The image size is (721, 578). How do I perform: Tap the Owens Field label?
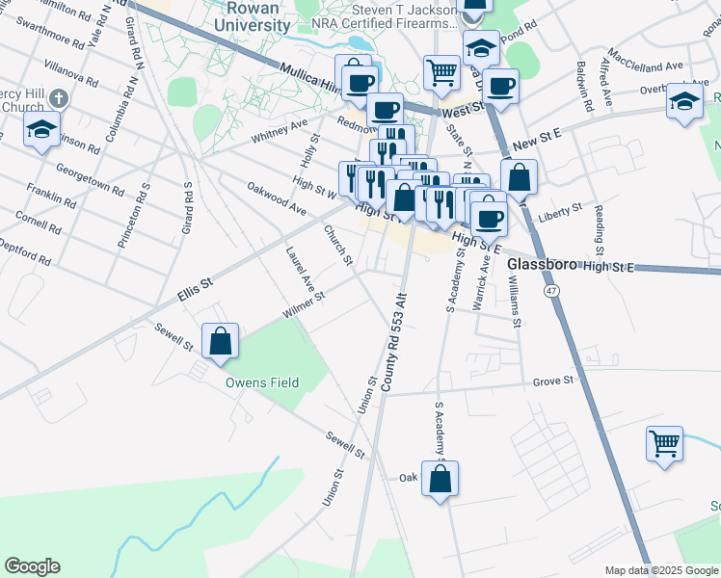262,382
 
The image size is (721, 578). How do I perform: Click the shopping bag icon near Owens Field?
221,341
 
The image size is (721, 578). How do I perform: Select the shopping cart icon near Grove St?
664,444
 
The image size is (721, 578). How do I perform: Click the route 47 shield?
551,290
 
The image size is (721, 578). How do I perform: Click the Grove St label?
553,381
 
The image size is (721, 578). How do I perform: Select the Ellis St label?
193,285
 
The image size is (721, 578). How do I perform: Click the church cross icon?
60,98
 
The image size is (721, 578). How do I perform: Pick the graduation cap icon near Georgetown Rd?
42,129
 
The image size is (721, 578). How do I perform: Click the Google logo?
32,566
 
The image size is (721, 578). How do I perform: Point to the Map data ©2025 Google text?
661,570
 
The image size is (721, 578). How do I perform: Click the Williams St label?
516,299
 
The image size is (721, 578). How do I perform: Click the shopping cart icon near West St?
441,70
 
